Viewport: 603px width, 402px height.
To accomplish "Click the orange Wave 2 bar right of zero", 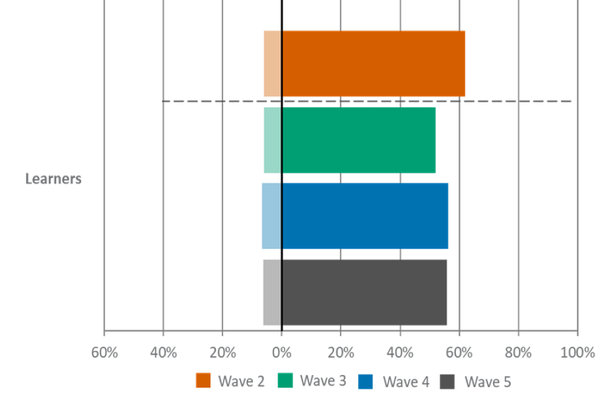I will (x=374, y=63).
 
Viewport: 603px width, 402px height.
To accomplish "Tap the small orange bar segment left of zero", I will (x=271, y=63).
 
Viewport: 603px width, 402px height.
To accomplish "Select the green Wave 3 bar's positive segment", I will (x=359, y=139).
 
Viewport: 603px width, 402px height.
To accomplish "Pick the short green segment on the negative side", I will (x=271, y=139).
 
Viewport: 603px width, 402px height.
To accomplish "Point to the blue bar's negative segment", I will (x=271, y=216).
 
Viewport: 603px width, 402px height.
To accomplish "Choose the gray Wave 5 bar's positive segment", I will (x=365, y=292).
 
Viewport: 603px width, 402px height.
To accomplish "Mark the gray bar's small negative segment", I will (x=271, y=292).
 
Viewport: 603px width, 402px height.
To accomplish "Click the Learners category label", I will (x=53, y=179).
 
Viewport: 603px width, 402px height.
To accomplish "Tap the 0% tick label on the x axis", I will (x=281, y=352).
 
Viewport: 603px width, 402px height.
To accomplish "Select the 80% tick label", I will (x=518, y=352).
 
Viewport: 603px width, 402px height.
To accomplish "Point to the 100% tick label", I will (x=577, y=352).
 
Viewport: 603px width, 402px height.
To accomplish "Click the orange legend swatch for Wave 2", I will (x=204, y=381).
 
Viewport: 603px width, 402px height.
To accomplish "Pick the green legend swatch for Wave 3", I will (x=285, y=381).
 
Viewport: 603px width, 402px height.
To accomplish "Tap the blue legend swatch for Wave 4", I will (x=366, y=381).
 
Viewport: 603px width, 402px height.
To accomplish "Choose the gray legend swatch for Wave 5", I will (x=447, y=381).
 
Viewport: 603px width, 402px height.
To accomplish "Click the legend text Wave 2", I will (x=241, y=381).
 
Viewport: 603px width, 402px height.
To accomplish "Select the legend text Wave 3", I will (x=323, y=381).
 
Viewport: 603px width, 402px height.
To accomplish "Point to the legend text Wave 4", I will (x=406, y=381).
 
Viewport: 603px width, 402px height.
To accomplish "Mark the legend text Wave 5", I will (x=487, y=381).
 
